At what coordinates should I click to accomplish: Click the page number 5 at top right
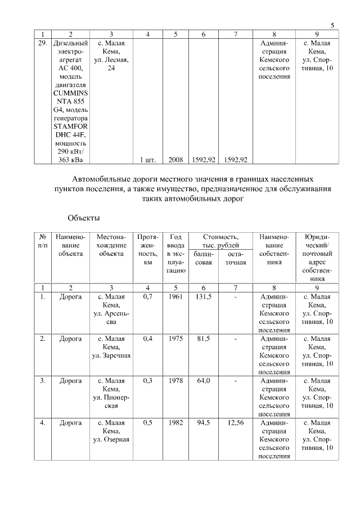click(332, 25)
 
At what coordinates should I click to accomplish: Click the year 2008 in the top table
click(175, 160)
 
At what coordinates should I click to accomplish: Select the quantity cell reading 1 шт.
click(147, 160)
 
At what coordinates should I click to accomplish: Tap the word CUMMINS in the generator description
click(70, 92)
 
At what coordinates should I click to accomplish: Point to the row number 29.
click(42, 43)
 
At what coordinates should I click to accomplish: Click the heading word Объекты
click(83, 218)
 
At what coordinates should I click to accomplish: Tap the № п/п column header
click(42, 241)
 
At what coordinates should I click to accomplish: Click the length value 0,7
click(147, 296)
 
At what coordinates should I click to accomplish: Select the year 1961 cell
click(175, 296)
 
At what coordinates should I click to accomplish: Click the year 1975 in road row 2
click(175, 339)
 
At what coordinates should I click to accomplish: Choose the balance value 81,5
click(203, 339)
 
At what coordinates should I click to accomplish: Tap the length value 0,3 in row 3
click(147, 381)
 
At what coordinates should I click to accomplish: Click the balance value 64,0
click(203, 381)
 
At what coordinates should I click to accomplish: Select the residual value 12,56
click(236, 423)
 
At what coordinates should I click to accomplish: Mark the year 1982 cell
click(175, 423)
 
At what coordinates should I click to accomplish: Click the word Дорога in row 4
click(70, 423)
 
